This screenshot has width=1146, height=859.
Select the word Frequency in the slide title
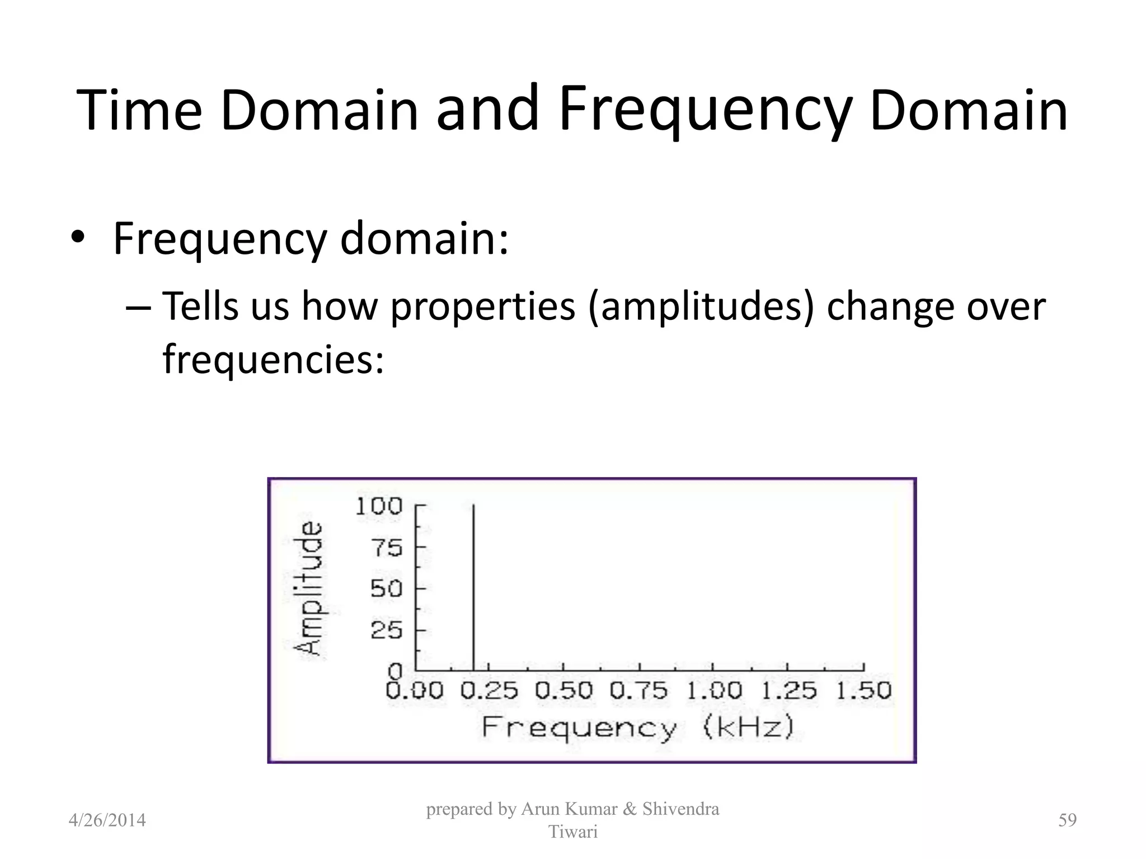pos(705,110)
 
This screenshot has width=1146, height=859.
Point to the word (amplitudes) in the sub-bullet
pos(701,307)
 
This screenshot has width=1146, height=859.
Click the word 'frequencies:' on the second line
pos(274,359)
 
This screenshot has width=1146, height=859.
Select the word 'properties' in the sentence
pos(482,307)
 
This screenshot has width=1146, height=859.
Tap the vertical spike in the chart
pos(474,587)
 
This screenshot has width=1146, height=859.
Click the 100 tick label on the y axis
pos(379,506)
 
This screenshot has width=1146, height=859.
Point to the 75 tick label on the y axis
pos(386,548)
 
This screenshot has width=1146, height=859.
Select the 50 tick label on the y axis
pos(386,589)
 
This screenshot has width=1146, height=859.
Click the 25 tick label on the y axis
pos(386,631)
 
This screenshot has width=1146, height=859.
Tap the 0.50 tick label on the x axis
pos(563,691)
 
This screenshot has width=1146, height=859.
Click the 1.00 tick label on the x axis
pos(713,691)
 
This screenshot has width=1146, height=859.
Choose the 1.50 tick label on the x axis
pos(863,691)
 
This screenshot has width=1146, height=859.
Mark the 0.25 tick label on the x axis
pos(489,691)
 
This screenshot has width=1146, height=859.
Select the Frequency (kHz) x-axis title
pos(638,728)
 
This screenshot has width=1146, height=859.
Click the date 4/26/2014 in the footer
pos(107,820)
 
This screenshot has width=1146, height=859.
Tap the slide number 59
pos(1067,820)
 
